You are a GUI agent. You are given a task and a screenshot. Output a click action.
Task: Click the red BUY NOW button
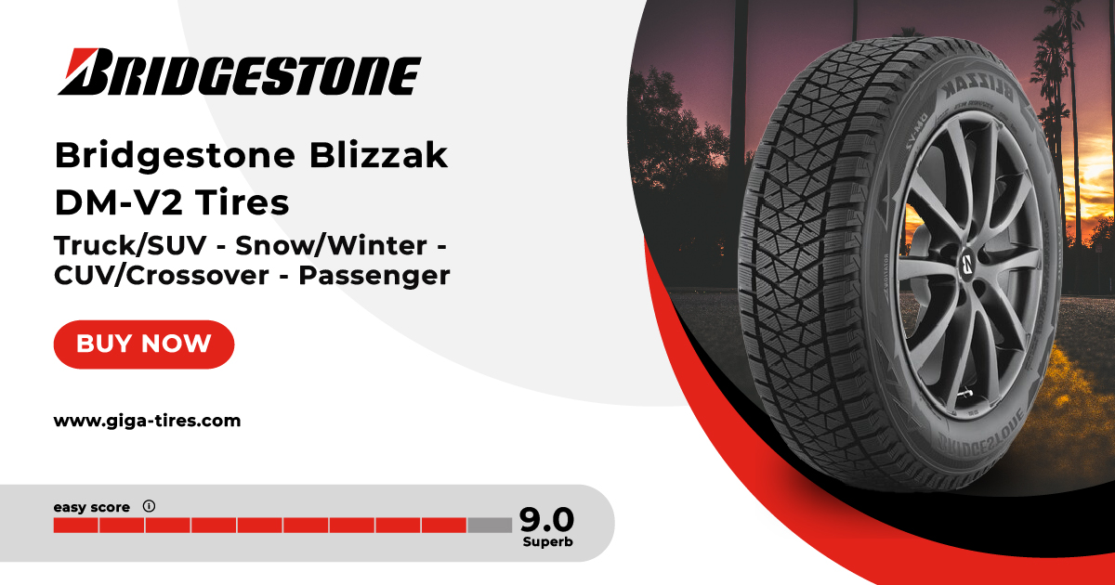[144, 344]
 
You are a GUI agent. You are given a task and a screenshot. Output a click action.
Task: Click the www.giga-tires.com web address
[147, 421]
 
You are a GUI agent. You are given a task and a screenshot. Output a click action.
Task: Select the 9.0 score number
[545, 518]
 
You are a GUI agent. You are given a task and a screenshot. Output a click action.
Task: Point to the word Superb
[546, 541]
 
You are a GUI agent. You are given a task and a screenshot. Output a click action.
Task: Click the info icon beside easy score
[149, 506]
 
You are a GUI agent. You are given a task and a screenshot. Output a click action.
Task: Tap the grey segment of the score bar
[490, 526]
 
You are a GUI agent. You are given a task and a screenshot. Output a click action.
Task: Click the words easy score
[91, 507]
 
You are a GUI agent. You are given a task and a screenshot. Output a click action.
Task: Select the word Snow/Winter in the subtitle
[330, 246]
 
